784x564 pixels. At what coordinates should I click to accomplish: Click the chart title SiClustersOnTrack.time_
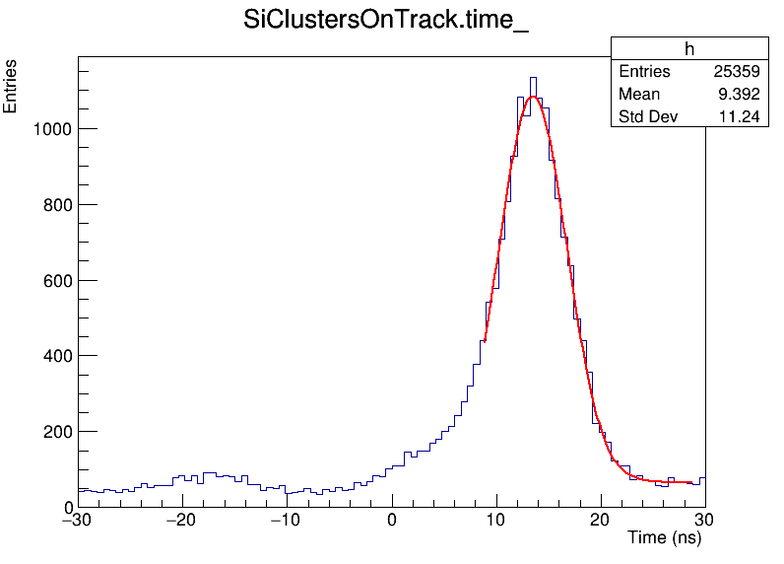[386, 22]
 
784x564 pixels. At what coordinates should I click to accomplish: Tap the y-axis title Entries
[11, 87]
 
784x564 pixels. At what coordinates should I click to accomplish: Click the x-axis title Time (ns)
[665, 537]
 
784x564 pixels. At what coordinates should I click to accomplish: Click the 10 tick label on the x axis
[496, 521]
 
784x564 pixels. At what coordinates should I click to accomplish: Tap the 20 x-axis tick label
[601, 521]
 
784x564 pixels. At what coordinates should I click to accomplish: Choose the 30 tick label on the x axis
[705, 521]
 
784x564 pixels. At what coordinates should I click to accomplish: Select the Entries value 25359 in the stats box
[736, 72]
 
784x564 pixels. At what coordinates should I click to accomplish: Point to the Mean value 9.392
[741, 95]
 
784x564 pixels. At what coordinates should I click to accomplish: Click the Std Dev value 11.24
[742, 117]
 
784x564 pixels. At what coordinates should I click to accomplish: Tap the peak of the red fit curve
[533, 97]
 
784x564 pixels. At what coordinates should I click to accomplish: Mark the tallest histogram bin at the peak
[533, 78]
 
